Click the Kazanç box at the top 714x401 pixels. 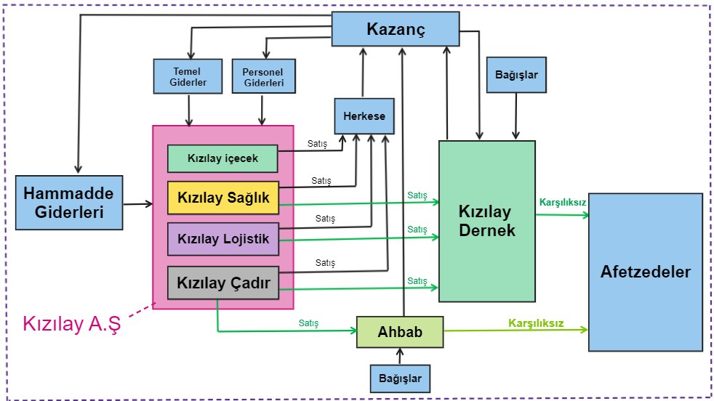point(395,31)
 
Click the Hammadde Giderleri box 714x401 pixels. point(68,203)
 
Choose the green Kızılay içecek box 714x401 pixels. point(222,158)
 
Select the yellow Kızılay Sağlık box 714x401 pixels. point(223,198)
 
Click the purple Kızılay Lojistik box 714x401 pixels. point(223,239)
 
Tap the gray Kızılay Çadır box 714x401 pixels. point(223,283)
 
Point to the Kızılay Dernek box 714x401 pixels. point(486,221)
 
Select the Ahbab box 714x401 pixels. point(399,332)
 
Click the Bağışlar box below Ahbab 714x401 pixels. point(399,378)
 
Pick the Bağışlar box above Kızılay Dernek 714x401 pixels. point(516,75)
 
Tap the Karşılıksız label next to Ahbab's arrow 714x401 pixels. point(536,323)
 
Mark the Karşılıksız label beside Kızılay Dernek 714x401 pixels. point(562,202)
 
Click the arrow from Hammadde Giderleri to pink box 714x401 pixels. point(137,205)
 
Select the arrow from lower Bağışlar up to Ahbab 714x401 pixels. point(399,356)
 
